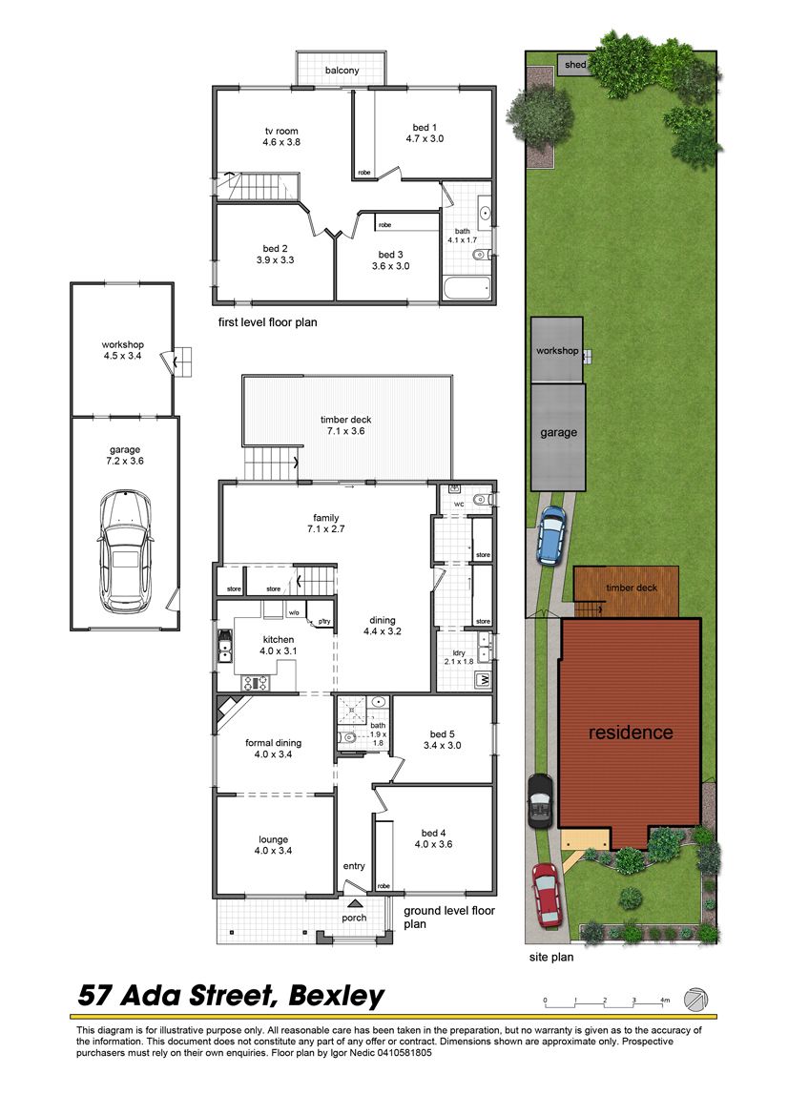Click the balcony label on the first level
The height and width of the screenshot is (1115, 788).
click(x=342, y=71)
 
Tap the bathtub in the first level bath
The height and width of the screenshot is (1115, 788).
click(x=467, y=289)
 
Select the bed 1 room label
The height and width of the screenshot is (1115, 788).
click(x=425, y=128)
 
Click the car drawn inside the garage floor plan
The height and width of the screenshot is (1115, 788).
click(x=124, y=551)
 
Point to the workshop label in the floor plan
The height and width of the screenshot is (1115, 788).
click(x=122, y=345)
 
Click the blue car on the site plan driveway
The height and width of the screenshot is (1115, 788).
click(x=551, y=535)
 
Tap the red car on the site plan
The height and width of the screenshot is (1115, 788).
click(x=547, y=895)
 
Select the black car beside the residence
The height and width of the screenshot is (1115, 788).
click(x=540, y=800)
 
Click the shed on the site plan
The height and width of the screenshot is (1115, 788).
click(x=573, y=64)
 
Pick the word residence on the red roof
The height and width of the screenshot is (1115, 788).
click(x=631, y=733)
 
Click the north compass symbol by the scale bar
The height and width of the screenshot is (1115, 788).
click(x=696, y=999)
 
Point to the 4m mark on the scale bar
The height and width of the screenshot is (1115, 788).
click(x=665, y=1001)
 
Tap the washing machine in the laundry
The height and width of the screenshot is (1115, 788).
click(x=484, y=680)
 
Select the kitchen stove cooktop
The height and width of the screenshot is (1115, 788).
click(x=256, y=683)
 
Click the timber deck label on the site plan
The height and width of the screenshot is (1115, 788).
click(x=632, y=588)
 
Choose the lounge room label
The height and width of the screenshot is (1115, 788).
click(x=273, y=839)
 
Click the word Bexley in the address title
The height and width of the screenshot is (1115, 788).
click(x=337, y=996)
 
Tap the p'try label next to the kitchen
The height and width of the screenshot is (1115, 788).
click(x=324, y=622)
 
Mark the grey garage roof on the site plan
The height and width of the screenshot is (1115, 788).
click(x=558, y=438)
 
